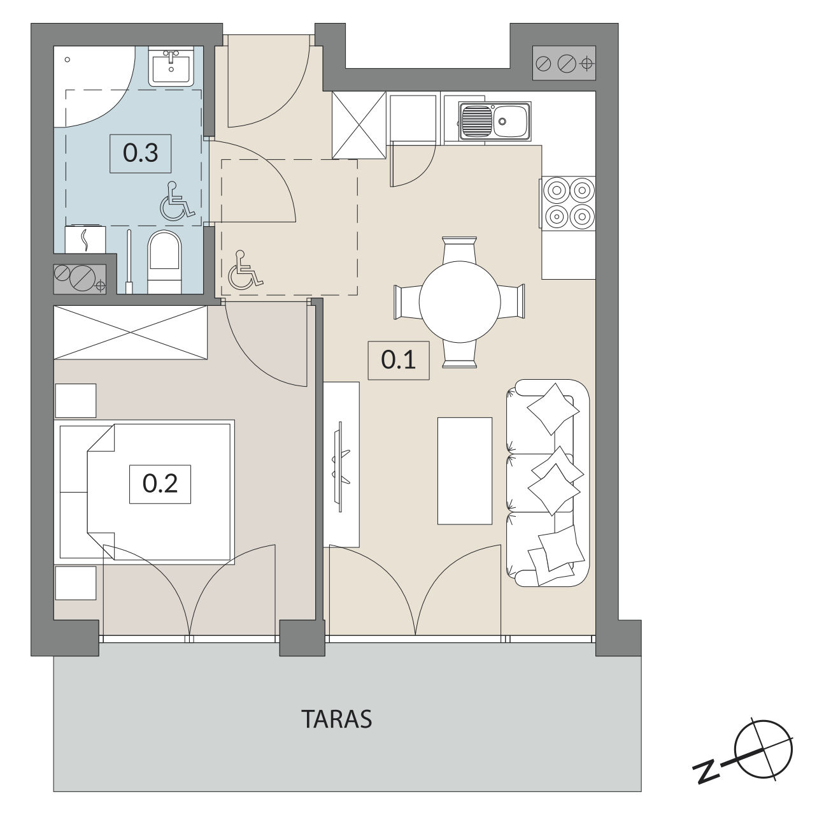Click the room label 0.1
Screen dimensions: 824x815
point(399,360)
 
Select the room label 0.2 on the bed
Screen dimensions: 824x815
point(160,484)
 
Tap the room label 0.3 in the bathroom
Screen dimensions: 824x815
point(140,153)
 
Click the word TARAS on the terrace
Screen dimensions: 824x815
point(336,719)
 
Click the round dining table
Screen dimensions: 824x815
point(460,302)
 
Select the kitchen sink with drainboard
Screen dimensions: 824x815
point(495,121)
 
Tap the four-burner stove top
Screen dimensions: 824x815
point(569,203)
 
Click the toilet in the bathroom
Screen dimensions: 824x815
point(164,261)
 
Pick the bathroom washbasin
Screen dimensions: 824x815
point(171,66)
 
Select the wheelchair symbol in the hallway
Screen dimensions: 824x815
point(245,270)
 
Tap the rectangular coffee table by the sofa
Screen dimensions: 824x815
point(464,471)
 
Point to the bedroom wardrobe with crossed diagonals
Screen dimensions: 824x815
point(131,332)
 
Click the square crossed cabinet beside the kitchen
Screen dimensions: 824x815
point(359,125)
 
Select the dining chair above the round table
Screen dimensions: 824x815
point(460,250)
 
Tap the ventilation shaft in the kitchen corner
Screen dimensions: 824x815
point(564,63)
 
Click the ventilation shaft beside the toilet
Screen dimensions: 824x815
point(80,279)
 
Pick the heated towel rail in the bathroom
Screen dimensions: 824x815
point(85,239)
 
